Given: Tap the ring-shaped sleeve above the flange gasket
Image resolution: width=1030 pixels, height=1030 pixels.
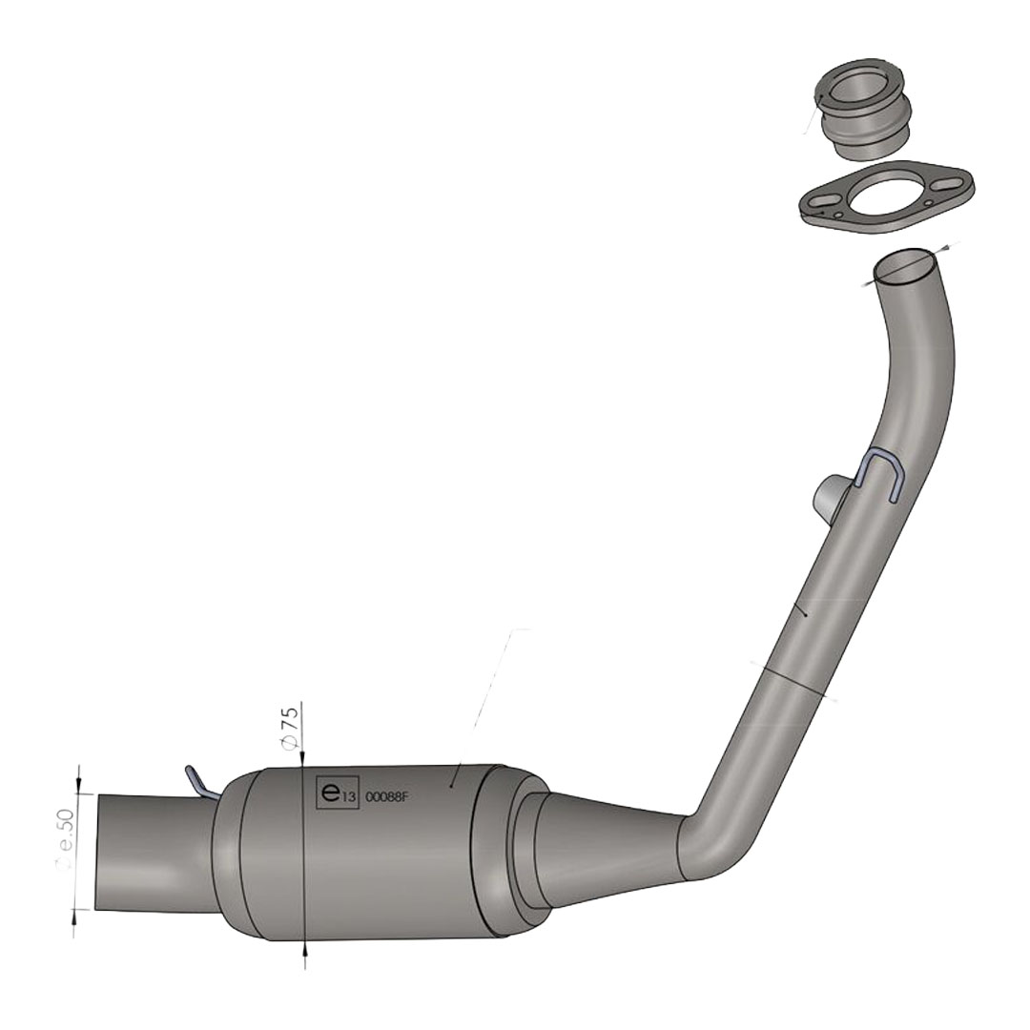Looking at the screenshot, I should pos(862,110).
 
